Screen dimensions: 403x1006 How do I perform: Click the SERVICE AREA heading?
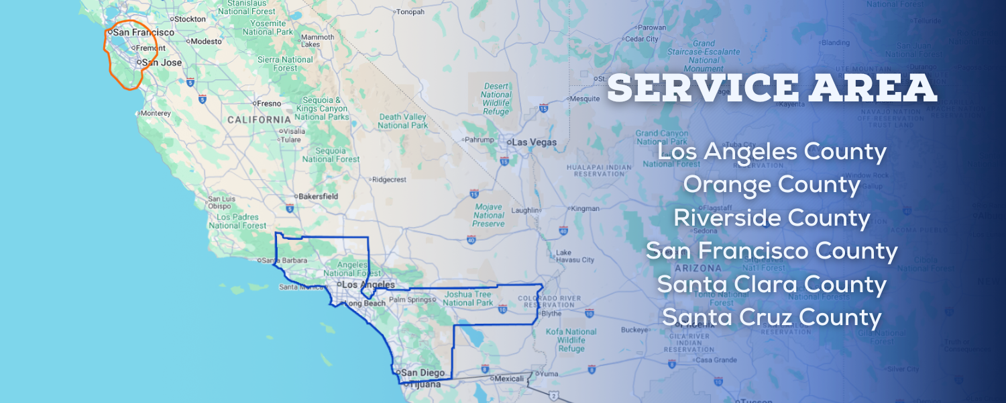point(772,88)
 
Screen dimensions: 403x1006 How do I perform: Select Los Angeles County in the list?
point(772,152)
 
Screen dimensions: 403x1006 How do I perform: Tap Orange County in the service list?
point(771,185)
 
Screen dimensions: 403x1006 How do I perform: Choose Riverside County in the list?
point(772,218)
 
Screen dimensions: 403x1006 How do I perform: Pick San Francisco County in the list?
point(772,251)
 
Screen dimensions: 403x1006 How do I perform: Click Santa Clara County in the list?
point(772,284)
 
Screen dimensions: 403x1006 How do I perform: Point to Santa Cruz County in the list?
point(772,317)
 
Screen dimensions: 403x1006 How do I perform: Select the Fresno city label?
point(268,103)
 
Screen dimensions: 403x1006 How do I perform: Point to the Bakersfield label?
point(318,196)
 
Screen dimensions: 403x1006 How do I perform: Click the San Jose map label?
point(162,62)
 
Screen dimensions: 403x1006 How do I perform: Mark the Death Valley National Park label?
point(402,121)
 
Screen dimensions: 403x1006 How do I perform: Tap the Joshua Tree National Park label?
point(467,298)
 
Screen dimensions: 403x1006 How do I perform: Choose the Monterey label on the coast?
point(156,114)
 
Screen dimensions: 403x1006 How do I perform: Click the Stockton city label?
point(190,19)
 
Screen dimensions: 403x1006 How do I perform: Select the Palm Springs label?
point(410,300)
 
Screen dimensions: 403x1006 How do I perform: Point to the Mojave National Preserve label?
point(489,215)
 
